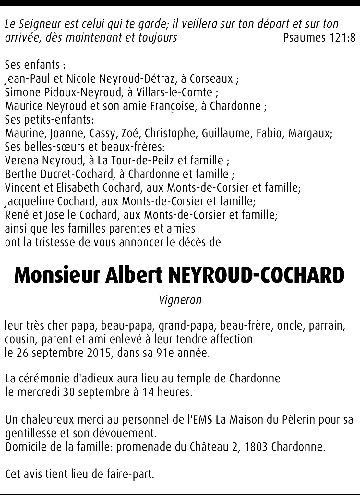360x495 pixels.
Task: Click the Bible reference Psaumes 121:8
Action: (319, 38)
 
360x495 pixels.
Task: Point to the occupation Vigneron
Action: (180, 300)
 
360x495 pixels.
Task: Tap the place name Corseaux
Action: (211, 79)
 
